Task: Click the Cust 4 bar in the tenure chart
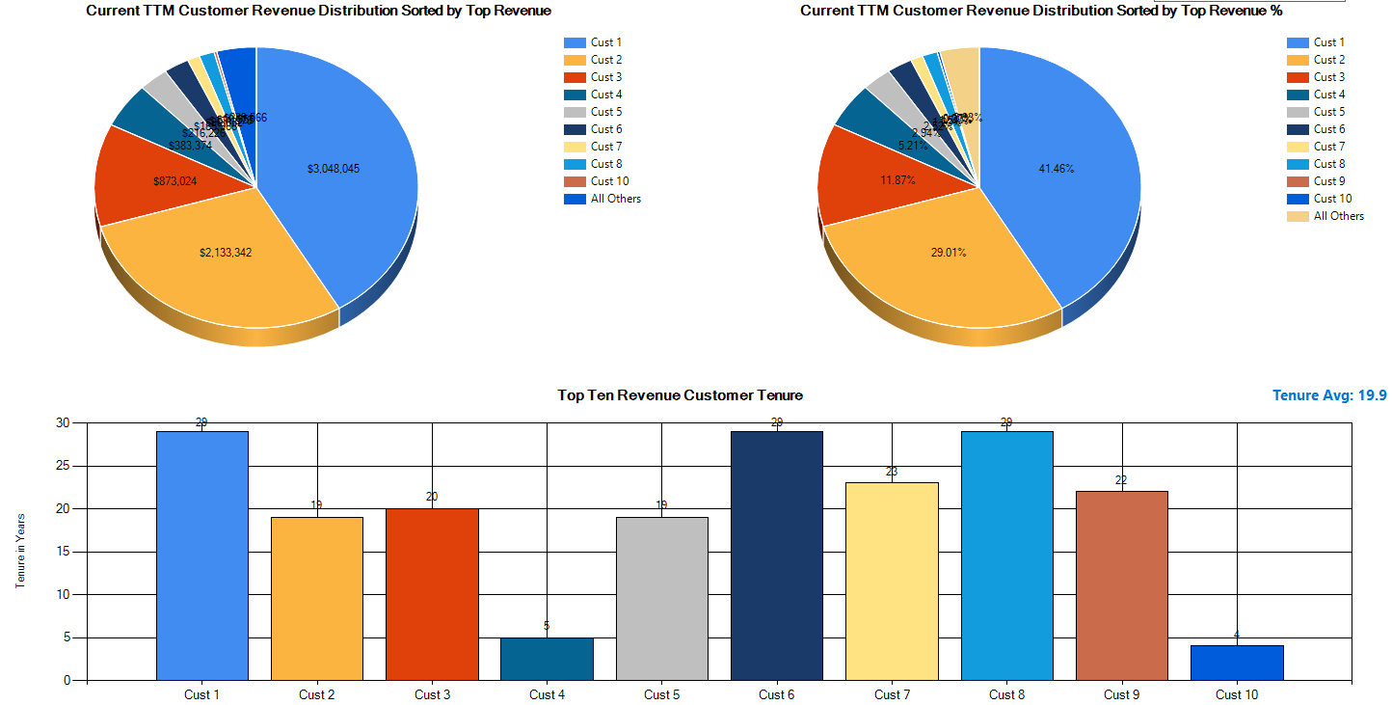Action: tap(547, 659)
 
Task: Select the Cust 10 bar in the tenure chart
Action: tap(1237, 663)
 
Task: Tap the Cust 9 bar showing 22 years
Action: tap(1121, 585)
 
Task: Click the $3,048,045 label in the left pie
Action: tap(334, 169)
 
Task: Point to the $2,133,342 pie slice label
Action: tap(226, 253)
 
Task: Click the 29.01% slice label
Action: tap(949, 253)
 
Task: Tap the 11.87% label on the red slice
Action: tap(897, 180)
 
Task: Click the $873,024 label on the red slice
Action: tap(174, 180)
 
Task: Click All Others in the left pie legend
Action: tap(615, 199)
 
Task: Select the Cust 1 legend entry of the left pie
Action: tap(605, 42)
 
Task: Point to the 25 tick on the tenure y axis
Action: tap(64, 466)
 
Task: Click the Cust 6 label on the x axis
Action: tap(776, 694)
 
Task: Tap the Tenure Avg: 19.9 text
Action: tap(1329, 395)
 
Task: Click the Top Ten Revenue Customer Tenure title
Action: tap(680, 395)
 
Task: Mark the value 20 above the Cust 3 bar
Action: tap(432, 497)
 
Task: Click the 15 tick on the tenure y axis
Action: tap(64, 552)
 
